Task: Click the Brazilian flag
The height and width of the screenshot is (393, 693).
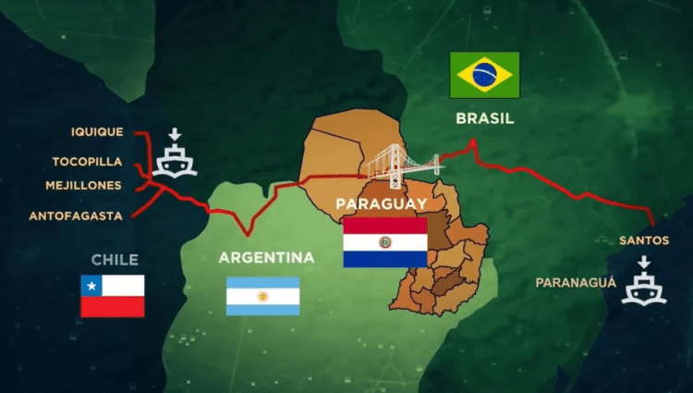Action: [x=484, y=75]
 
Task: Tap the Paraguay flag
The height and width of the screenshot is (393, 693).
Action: [x=385, y=242]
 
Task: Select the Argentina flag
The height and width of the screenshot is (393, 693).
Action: [x=263, y=296]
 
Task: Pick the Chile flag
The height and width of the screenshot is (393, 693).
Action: [x=113, y=296]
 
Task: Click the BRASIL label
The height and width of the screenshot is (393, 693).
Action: [x=484, y=118]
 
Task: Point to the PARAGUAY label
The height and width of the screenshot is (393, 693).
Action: [x=381, y=203]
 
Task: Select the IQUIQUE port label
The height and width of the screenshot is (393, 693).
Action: [x=97, y=132]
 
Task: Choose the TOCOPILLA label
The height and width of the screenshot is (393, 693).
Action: [x=87, y=161]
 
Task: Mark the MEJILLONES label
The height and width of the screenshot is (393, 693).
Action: [x=84, y=186]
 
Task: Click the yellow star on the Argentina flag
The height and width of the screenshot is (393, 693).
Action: [x=263, y=296]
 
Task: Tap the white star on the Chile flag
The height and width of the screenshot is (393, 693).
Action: [x=91, y=286]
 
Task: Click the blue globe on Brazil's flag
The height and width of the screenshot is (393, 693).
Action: [x=484, y=75]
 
